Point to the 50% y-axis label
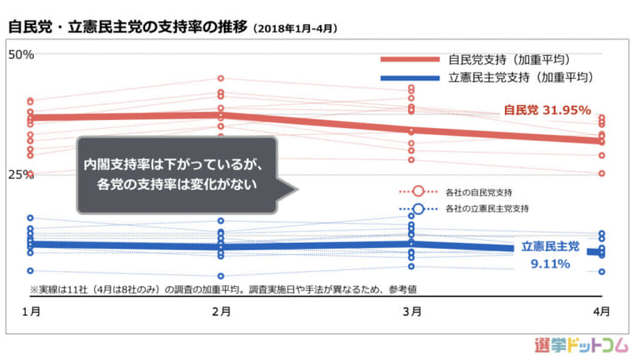pos(20,54)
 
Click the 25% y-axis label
pos(20,174)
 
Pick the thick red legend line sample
pos(410,60)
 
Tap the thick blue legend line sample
pos(410,77)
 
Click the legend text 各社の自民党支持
pos(478,192)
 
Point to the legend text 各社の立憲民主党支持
pos(486,210)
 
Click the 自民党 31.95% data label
pos(547,110)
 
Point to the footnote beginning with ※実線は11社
pos(222,289)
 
